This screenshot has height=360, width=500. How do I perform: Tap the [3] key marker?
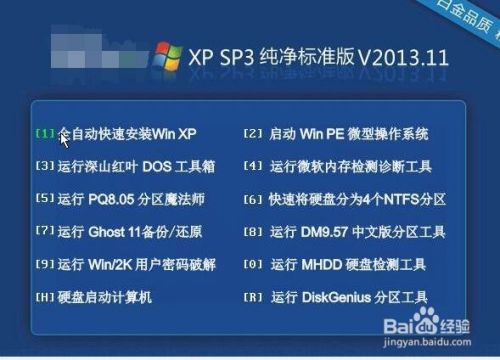point(45,166)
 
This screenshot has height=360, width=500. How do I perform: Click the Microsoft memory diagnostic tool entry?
point(350,166)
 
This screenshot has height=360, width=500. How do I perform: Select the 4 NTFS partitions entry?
point(356,199)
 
